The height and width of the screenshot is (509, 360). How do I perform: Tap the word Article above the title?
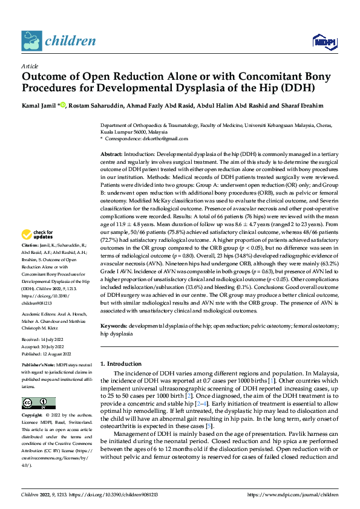pos(30,66)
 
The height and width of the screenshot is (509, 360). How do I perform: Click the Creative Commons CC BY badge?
pos(38,403)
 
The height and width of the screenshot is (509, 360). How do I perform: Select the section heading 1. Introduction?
pos(120,364)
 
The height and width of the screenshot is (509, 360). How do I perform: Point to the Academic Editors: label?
pos(39,315)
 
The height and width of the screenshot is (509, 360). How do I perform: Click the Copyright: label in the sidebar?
pos(33,415)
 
